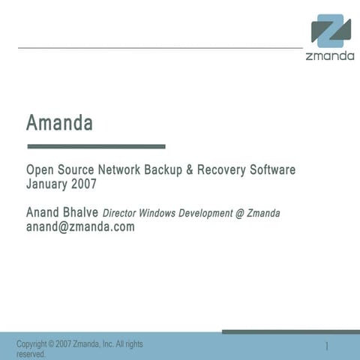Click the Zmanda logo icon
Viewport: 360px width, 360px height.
coord(331,31)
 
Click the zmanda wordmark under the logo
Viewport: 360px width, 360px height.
coord(330,56)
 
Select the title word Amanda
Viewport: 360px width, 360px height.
coord(59,121)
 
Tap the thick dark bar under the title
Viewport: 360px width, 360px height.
coord(96,146)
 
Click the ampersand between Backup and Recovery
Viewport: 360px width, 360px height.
coord(190,170)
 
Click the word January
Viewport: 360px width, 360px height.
coord(49,183)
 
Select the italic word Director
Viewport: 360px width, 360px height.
coord(123,214)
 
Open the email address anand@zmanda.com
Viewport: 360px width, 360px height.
coord(80,226)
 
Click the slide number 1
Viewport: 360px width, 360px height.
coord(328,346)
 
